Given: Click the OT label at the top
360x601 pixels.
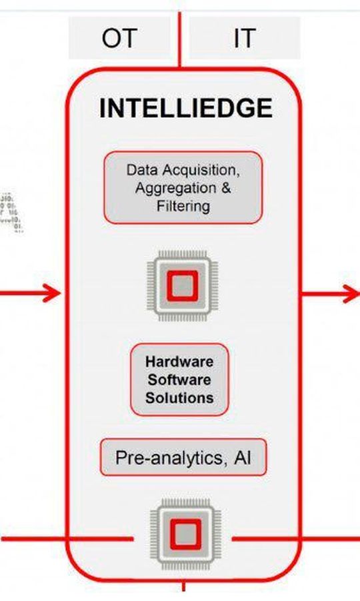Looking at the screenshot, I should pyautogui.click(x=120, y=39).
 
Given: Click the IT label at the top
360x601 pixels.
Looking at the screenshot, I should pyautogui.click(x=244, y=39).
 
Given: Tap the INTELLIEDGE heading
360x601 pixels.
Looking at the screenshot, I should pyautogui.click(x=185, y=108).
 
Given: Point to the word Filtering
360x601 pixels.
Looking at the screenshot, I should pyautogui.click(x=183, y=206).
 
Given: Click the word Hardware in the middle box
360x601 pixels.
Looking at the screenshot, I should pyautogui.click(x=180, y=362).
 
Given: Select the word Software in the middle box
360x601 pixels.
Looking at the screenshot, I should pyautogui.click(x=180, y=380).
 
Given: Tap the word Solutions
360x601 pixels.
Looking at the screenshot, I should pyautogui.click(x=180, y=398).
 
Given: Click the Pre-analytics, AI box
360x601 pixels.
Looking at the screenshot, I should pyautogui.click(x=183, y=458).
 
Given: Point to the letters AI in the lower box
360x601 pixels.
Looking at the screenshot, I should pyautogui.click(x=242, y=458).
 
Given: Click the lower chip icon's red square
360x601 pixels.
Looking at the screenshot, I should pyautogui.click(x=183, y=534).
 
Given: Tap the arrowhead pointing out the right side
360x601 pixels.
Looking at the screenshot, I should pyautogui.click(x=350, y=292).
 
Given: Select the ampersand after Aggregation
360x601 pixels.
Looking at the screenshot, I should pyautogui.click(x=225, y=187).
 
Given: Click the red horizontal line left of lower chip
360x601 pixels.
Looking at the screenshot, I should pyautogui.click(x=67, y=537).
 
